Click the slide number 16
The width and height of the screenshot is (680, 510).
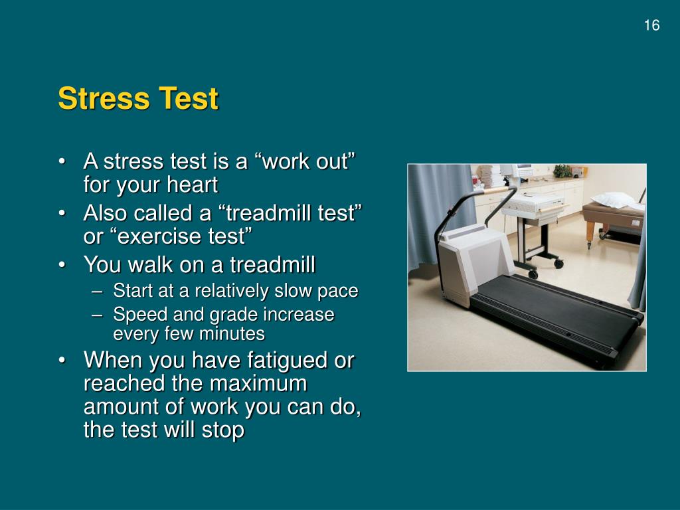pyautogui.click(x=651, y=26)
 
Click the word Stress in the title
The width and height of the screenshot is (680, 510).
pyautogui.click(x=104, y=99)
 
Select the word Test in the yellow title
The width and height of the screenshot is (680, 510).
pyautogui.click(x=188, y=99)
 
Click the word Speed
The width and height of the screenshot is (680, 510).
pyautogui.click(x=138, y=314)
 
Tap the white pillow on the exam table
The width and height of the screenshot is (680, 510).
pyautogui.click(x=612, y=199)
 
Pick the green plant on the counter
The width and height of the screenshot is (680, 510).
pyautogui.click(x=562, y=171)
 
